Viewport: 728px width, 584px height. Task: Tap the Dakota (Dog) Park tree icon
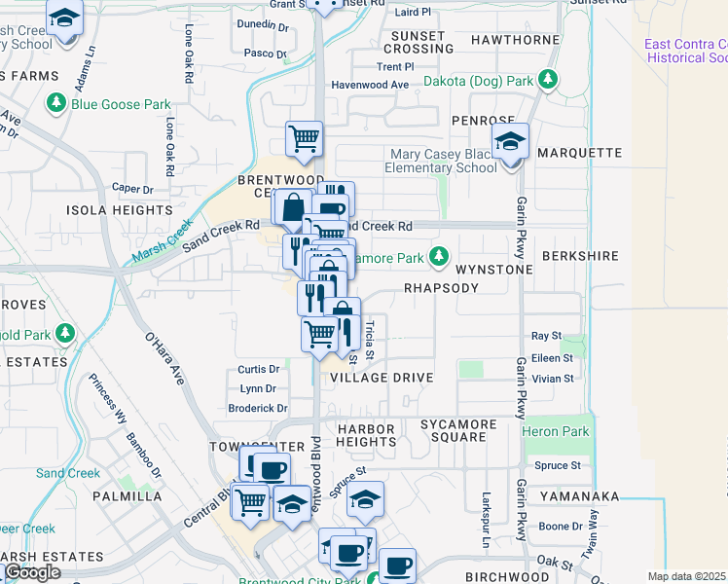[550, 79]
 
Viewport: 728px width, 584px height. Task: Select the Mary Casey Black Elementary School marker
[510, 142]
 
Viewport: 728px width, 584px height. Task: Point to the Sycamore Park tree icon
[439, 257]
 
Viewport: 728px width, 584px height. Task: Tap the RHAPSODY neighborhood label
[442, 289]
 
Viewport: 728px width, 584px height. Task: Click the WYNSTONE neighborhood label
[494, 269]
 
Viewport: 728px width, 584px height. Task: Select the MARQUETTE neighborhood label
[579, 153]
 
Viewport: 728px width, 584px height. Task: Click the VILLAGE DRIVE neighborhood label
[382, 377]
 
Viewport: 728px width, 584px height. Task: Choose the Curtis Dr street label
[259, 370]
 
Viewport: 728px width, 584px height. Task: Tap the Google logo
[32, 572]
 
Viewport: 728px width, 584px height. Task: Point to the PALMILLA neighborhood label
[127, 496]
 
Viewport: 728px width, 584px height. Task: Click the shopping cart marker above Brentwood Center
[304, 139]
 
